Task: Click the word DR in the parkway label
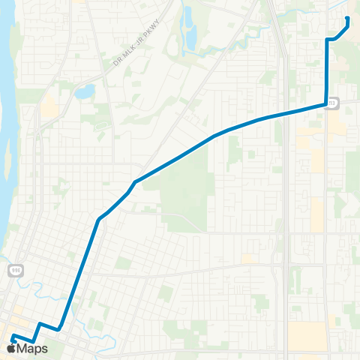pyautogui.click(x=115, y=62)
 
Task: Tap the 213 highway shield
pyautogui.click(x=333, y=104)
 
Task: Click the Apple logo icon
pyautogui.click(x=11, y=348)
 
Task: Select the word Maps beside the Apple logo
pyautogui.click(x=32, y=348)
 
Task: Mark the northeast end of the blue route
pyautogui.click(x=347, y=18)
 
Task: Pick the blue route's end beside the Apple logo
pyautogui.click(x=13, y=335)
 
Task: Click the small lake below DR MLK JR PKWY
pyautogui.click(x=85, y=92)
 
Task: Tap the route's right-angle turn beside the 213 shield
pyautogui.click(x=325, y=105)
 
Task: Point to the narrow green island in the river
pyautogui.click(x=8, y=162)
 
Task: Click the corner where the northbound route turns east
pyautogui.click(x=327, y=39)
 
